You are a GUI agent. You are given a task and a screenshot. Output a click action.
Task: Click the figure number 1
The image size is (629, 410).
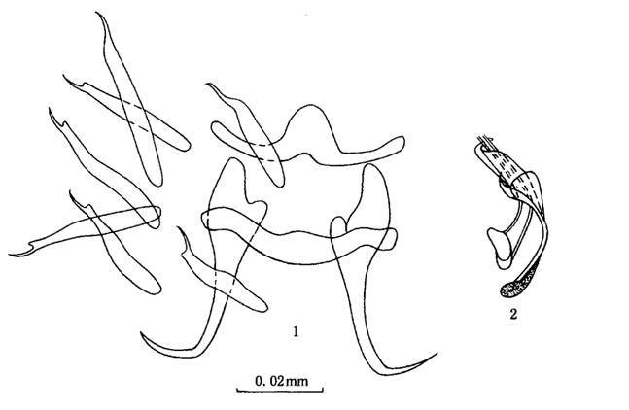click(x=296, y=331)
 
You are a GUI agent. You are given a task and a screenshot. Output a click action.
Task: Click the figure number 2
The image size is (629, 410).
click(x=513, y=314)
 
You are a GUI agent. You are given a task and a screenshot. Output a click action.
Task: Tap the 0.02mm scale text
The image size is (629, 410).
click(x=282, y=381)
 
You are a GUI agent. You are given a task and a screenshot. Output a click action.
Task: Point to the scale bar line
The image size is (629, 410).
click(x=280, y=390)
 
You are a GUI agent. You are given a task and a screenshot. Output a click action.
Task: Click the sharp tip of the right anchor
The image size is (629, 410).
click(x=437, y=354)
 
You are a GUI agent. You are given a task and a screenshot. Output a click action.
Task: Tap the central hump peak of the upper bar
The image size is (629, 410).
click(x=308, y=106)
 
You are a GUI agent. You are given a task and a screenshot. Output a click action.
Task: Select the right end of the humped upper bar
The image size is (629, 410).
click(x=402, y=142)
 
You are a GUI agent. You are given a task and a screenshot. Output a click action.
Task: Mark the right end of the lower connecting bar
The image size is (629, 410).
click(x=395, y=239)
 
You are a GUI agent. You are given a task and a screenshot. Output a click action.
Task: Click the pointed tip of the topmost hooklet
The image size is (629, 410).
click(x=97, y=14)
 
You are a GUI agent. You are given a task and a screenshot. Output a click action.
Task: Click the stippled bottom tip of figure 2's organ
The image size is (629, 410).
click(x=507, y=290)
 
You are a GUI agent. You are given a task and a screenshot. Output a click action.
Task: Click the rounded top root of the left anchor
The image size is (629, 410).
click(x=232, y=160)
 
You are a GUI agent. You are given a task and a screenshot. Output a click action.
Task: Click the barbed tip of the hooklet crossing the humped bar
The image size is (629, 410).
click(x=207, y=85)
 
